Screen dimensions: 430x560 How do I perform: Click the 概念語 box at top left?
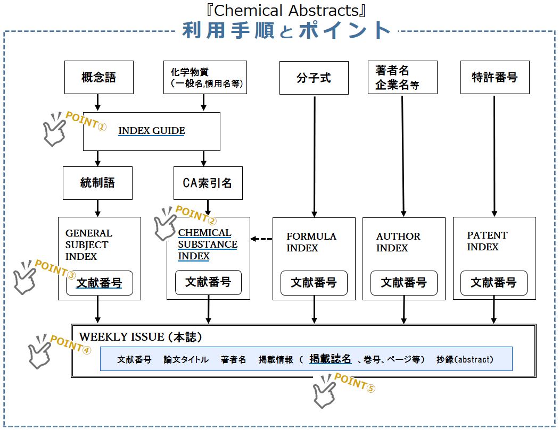coord(98,77)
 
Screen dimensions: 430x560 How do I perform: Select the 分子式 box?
coord(314,78)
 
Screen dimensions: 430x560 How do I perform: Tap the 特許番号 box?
coord(495,78)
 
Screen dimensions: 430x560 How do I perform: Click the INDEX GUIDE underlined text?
coord(152,131)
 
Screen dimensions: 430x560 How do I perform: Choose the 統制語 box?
coord(97,183)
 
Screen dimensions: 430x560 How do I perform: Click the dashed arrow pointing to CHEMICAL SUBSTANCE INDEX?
coord(261,239)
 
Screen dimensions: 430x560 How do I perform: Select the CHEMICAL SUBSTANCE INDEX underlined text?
coord(208,244)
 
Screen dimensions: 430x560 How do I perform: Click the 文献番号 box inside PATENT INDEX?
coord(493,283)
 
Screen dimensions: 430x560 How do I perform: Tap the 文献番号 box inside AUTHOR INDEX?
coord(403,283)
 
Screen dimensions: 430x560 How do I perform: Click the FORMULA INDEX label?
coord(311,242)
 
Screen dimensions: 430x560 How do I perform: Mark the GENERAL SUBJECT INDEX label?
coord(89,244)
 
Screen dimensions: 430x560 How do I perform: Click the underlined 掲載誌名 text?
coord(330,359)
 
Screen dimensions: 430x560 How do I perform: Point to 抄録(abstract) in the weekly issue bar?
coord(465,359)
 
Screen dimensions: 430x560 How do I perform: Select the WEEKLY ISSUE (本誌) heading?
coord(141,337)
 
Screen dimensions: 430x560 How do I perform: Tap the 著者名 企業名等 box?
coord(402,78)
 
